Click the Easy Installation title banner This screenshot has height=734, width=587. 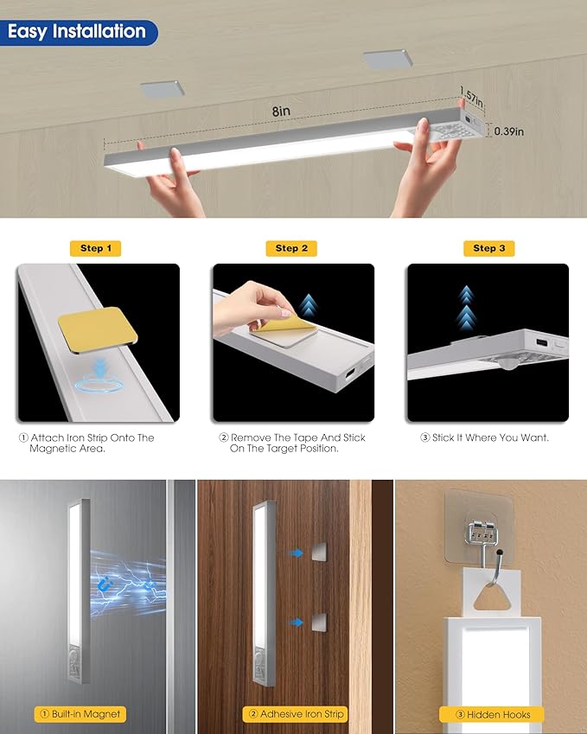tap(78, 32)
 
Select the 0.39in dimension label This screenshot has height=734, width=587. tap(508, 131)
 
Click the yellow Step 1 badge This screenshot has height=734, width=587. tap(96, 248)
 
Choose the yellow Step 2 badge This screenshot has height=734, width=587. tap(291, 248)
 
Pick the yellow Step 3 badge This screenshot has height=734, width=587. tap(489, 248)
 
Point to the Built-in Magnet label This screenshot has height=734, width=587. tap(79, 714)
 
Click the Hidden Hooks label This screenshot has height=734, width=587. tap(489, 714)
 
